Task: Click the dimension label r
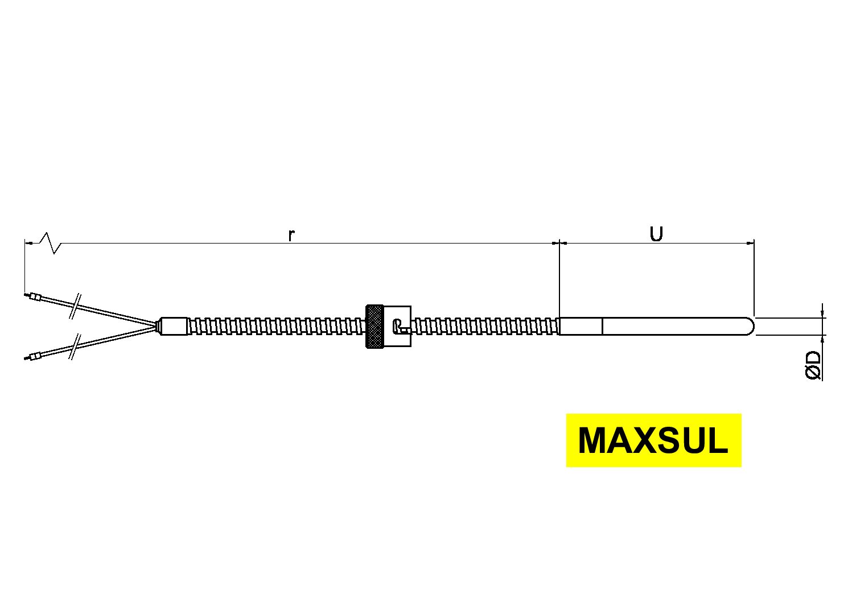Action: [x=291, y=235]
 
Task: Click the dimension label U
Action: [x=656, y=234]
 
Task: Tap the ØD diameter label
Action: [x=814, y=365]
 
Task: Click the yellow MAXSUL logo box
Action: [x=653, y=440]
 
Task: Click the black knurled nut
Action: [x=374, y=326]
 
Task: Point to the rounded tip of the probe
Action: [x=751, y=326]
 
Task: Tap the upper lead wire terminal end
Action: [x=36, y=296]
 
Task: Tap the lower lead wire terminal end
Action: [x=36, y=357]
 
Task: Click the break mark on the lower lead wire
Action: [x=75, y=347]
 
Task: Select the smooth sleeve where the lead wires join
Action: [x=174, y=326]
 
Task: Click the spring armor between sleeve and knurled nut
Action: [x=276, y=326]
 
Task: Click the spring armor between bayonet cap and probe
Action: [x=484, y=326]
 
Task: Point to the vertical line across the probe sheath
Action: [x=602, y=326]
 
